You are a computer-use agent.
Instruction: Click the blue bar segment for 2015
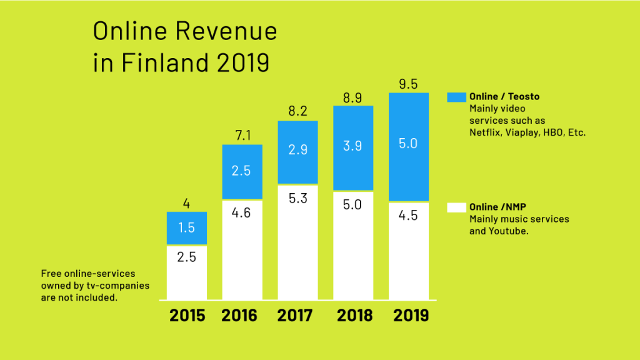tap(186, 227)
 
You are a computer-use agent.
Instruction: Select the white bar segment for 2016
tap(242, 250)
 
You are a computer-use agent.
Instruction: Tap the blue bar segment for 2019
tap(409, 147)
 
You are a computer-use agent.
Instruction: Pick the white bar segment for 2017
tap(297, 242)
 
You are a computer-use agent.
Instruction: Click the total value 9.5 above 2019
tap(408, 84)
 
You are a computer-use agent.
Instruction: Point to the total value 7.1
tap(243, 135)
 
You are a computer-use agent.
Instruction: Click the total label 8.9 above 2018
tap(352, 98)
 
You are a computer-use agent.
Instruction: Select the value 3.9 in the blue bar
tap(352, 146)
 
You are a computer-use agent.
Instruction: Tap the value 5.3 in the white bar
tap(297, 198)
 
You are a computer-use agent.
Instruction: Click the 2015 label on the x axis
tap(187, 316)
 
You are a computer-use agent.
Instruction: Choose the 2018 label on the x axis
tap(354, 316)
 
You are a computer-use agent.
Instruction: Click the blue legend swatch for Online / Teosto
tap(456, 97)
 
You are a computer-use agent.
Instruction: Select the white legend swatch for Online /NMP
tap(456, 207)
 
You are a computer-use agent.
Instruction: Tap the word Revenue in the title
tap(226, 31)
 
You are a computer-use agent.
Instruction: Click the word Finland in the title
tap(165, 62)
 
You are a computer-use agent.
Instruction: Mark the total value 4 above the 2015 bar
tap(186, 203)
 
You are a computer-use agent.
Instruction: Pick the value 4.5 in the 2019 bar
tap(408, 216)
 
